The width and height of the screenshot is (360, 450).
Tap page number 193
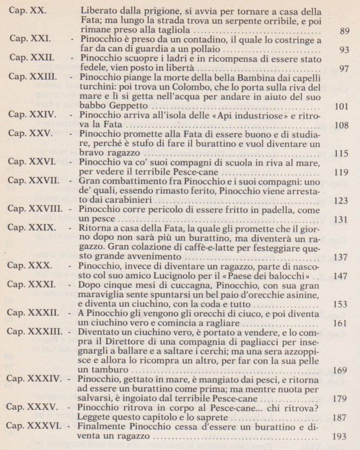[x=340, y=447]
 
